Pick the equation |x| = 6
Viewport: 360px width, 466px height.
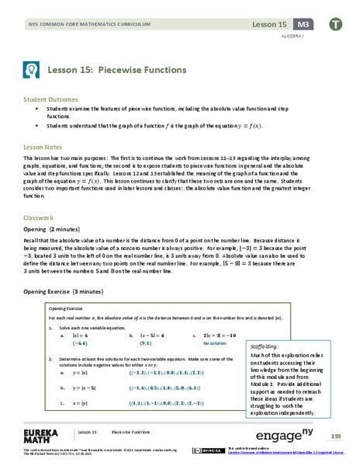coord(80,334)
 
